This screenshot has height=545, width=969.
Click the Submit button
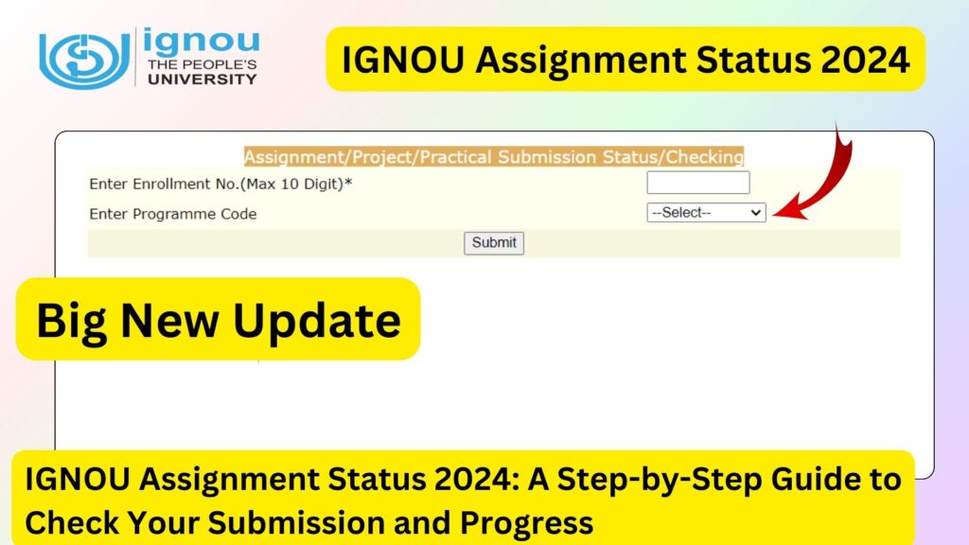(494, 243)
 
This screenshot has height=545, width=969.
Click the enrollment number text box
(697, 183)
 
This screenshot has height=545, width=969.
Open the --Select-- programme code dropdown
(705, 213)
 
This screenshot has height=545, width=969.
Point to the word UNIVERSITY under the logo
(202, 79)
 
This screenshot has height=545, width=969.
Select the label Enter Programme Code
(172, 214)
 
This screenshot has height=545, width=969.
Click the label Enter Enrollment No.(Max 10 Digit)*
(220, 184)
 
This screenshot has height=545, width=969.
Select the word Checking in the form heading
(706, 156)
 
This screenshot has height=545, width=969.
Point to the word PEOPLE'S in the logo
(220, 63)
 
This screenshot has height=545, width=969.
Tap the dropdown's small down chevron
(755, 213)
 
